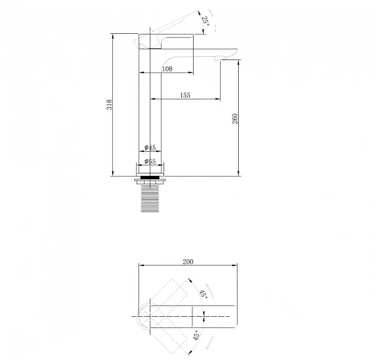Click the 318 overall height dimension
(x=109, y=105)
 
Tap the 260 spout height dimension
(x=235, y=118)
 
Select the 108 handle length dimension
(x=167, y=69)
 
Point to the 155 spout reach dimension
(x=185, y=95)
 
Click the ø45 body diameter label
(x=150, y=148)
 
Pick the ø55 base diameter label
(x=150, y=162)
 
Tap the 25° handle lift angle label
(x=206, y=21)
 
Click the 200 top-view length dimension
(x=188, y=262)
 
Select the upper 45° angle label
(x=204, y=294)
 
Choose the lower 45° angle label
(x=196, y=336)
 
